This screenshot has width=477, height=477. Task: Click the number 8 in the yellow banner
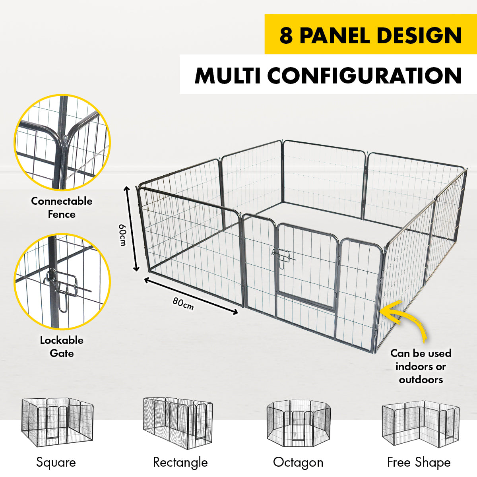[x=286, y=35]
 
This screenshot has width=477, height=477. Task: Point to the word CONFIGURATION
[x=365, y=76]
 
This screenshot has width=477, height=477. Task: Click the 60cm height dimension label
[x=123, y=235]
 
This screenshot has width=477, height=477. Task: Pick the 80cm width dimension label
[x=183, y=303]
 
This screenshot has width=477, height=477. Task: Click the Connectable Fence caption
[x=62, y=207]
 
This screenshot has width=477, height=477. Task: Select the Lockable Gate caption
[x=62, y=347]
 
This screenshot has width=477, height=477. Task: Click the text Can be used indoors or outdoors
[x=421, y=366]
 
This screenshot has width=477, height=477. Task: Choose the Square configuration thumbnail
[x=57, y=423]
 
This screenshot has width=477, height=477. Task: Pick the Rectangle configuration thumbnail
[x=178, y=423]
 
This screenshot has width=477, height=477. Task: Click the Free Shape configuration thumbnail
[x=420, y=423]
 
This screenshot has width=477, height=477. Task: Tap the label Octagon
[x=298, y=462]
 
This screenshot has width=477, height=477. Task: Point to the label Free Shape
[x=419, y=462]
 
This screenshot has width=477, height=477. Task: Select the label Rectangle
[x=180, y=462]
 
